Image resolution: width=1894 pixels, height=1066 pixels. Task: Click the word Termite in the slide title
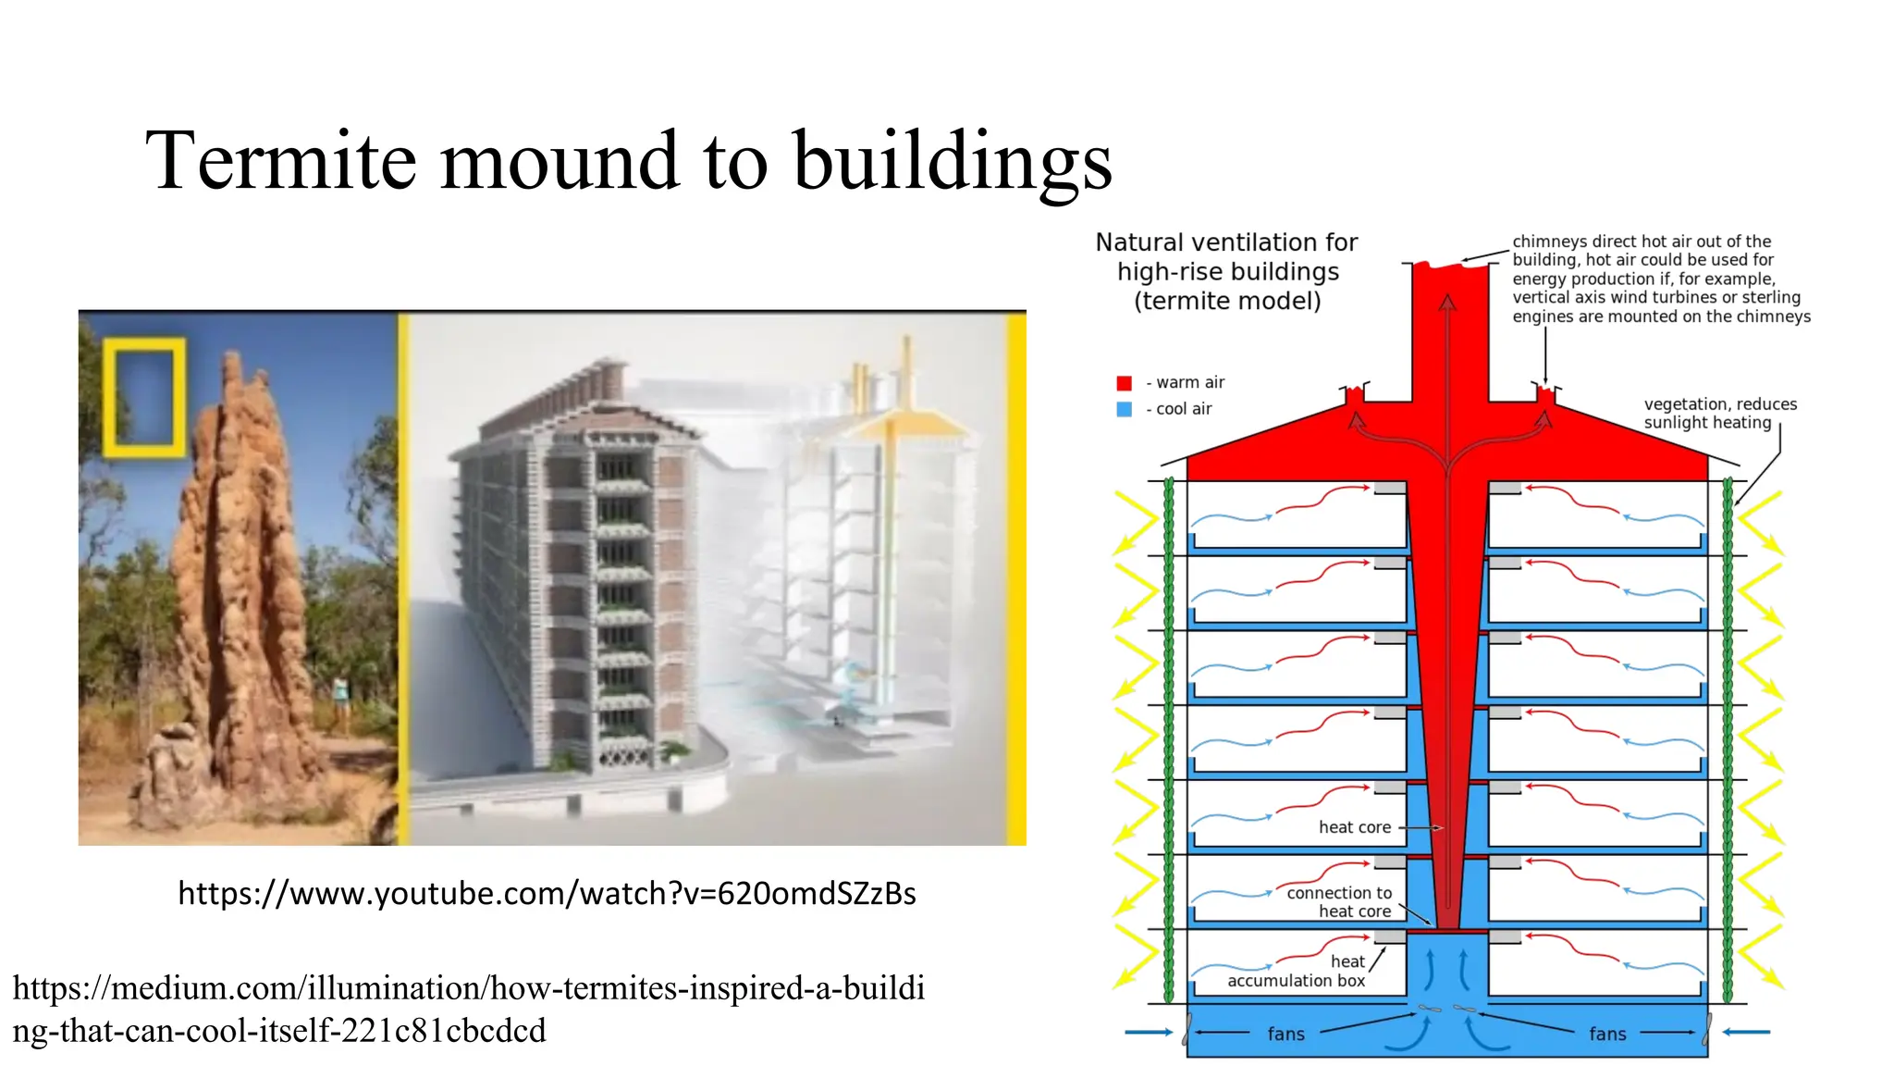coord(281,161)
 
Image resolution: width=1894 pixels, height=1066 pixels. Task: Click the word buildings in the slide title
coord(953,161)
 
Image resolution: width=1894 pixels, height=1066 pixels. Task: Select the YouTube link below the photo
coord(547,893)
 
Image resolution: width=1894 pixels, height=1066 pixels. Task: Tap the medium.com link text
coord(468,1009)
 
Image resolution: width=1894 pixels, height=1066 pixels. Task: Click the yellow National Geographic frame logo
coord(143,398)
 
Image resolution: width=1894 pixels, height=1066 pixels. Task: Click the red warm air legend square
coord(1125,383)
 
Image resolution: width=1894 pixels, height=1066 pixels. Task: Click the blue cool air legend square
coord(1125,409)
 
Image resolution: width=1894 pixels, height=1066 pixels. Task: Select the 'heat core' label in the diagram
coord(1354,827)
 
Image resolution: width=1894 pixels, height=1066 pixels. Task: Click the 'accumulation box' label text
coord(1296,981)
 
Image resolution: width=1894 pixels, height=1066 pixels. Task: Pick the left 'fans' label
coord(1285,1035)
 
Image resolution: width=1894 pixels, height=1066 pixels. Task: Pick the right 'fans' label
coord(1607,1035)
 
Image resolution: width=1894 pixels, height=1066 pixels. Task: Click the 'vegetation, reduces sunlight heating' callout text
coord(1720,414)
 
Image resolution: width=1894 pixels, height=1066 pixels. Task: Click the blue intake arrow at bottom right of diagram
coord(1747,1032)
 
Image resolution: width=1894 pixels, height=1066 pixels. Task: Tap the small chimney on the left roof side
coord(1354,395)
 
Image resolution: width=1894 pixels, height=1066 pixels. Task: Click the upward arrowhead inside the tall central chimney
coord(1447,303)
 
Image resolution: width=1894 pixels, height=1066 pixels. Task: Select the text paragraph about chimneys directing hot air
coord(1660,279)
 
